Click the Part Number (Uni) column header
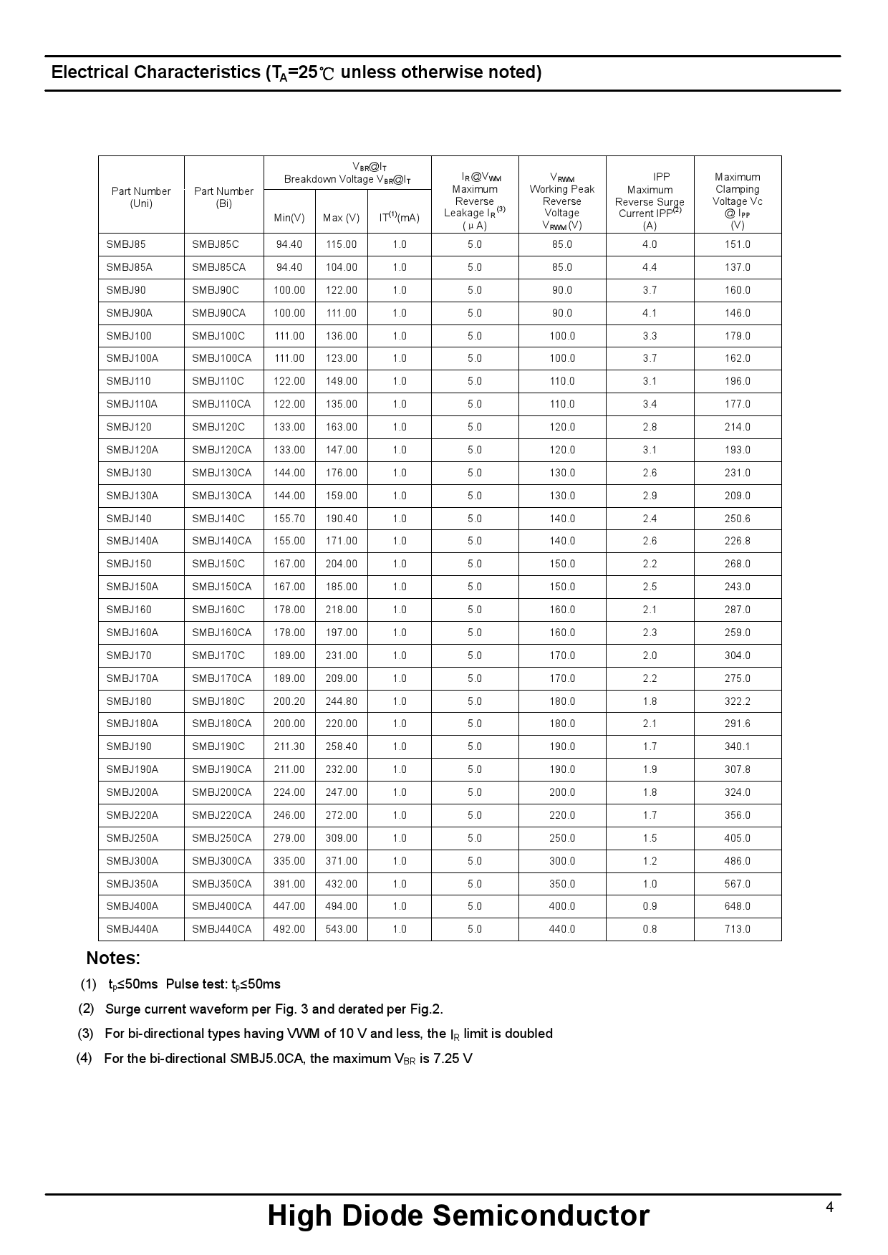(141, 197)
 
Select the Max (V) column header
(341, 218)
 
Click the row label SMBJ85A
(130, 267)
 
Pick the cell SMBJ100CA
(221, 358)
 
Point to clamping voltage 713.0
(737, 929)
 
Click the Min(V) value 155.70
(289, 519)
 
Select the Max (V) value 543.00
(341, 929)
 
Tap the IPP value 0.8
(650, 929)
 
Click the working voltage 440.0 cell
(562, 929)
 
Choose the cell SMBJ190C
(218, 746)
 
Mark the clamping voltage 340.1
(737, 746)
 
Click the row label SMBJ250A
(132, 838)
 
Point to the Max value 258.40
(341, 746)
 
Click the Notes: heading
(113, 958)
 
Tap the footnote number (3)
(86, 1034)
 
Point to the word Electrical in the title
(90, 72)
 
